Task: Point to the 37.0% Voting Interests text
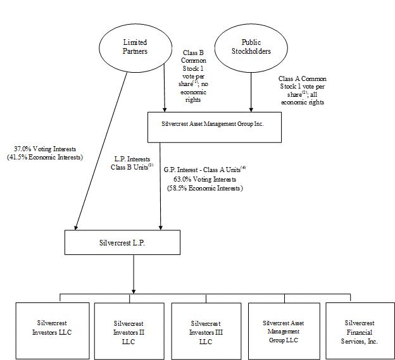45,149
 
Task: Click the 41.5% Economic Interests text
45,158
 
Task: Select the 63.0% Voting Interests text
205,179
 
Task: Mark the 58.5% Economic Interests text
205,188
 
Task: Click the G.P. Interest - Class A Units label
204,170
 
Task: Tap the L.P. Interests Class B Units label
132,163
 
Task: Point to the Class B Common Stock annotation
193,76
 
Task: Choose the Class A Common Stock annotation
303,90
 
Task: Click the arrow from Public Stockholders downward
251,92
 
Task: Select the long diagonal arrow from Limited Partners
101,151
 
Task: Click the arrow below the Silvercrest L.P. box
134,274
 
